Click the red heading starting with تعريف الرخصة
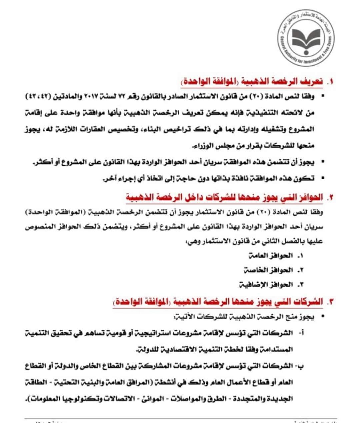[252, 82]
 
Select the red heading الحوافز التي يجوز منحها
[225, 197]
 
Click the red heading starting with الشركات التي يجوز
[218, 302]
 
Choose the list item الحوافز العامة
[271, 256]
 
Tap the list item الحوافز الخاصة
[268, 270]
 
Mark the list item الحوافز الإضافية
[266, 285]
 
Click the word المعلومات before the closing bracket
[43, 398]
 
